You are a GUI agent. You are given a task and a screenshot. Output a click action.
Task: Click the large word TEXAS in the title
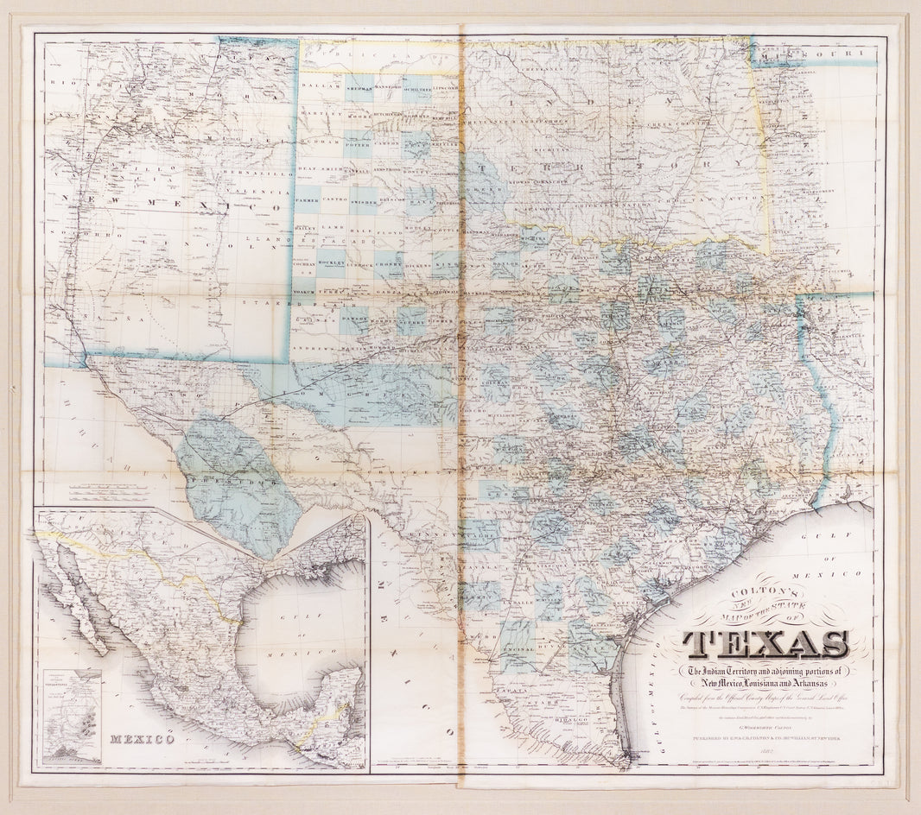tap(765, 644)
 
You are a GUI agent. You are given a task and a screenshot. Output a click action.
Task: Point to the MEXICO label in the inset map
tap(143, 739)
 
